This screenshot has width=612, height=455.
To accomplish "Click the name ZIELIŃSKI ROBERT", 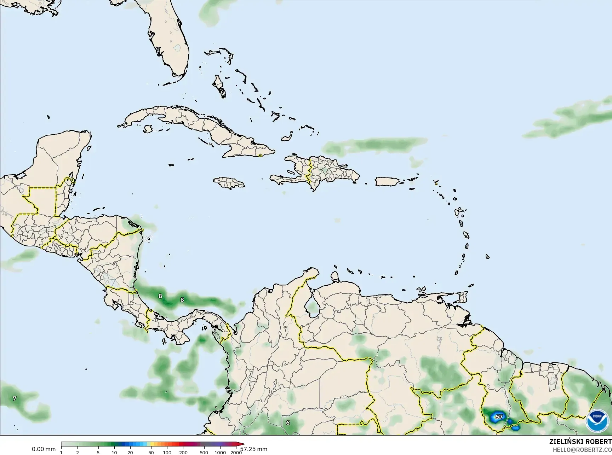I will [580, 442].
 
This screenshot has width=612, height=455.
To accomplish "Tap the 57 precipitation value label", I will [499, 417].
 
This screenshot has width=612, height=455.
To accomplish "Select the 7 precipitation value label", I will [15, 398].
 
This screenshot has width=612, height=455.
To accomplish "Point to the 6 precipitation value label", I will [288, 422].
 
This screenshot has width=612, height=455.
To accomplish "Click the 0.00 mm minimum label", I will [44, 449].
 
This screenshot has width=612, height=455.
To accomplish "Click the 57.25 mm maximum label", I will [254, 449].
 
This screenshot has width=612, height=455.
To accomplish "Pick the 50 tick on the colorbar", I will [151, 452].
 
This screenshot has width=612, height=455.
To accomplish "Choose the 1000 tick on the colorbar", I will [220, 452].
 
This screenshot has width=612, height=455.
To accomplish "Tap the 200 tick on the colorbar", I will [183, 452].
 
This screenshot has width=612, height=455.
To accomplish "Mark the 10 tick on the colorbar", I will [114, 452].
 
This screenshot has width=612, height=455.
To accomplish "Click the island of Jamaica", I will [229, 182].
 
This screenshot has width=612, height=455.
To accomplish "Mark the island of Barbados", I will [487, 257].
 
